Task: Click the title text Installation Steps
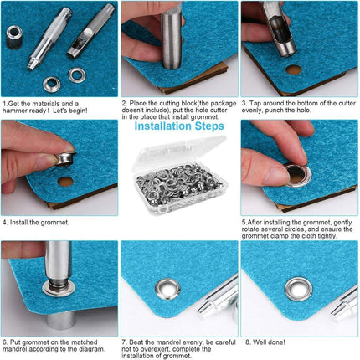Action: point(179,127)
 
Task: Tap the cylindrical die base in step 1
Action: point(14,33)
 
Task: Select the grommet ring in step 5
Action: point(295,174)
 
